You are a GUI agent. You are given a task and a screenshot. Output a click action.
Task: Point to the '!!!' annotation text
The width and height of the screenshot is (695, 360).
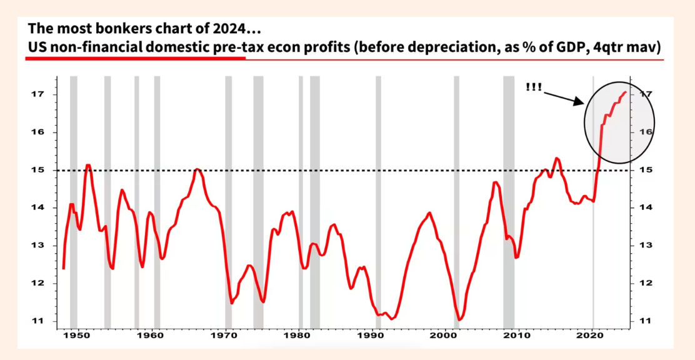(x=534, y=87)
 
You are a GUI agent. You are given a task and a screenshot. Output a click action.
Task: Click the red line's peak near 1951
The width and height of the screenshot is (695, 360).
(x=88, y=166)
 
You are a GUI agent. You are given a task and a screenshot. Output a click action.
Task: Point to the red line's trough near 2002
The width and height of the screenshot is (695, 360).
(x=459, y=319)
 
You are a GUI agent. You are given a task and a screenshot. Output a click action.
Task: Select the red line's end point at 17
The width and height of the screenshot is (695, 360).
(x=626, y=92)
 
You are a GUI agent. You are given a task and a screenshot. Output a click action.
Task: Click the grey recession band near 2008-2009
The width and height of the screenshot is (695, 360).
(x=509, y=187)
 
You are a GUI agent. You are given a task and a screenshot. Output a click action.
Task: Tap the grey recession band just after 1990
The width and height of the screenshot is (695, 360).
(x=378, y=187)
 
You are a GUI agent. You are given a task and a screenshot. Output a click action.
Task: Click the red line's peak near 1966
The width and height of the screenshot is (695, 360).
(x=197, y=169)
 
